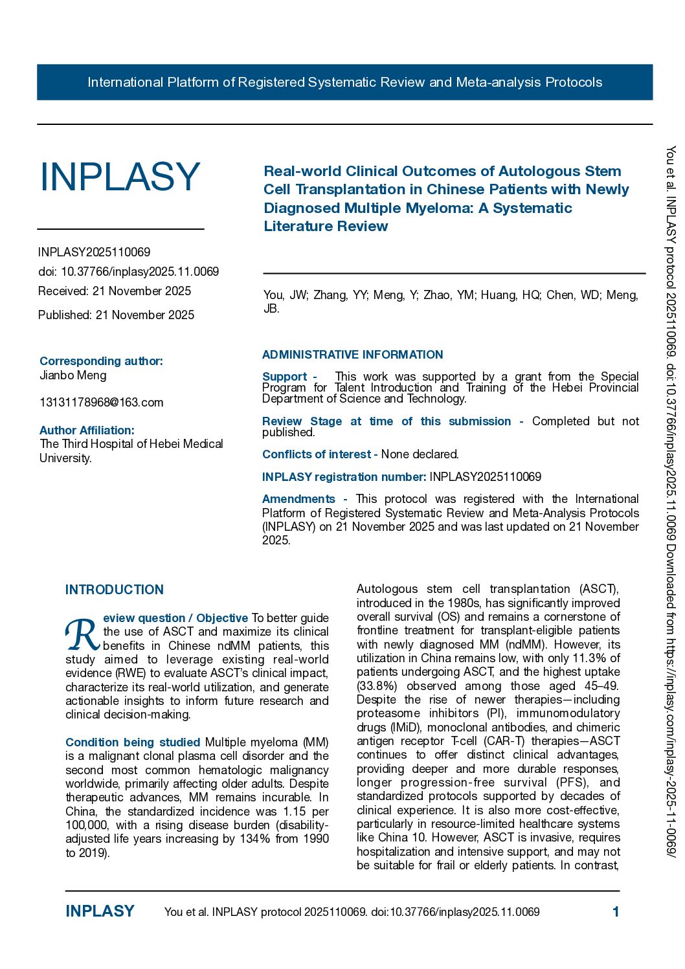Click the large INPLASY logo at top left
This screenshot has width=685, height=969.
click(120, 177)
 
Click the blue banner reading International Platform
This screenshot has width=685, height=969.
click(344, 82)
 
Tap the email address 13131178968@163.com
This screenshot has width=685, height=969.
click(102, 403)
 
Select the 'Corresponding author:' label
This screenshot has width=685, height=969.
click(101, 361)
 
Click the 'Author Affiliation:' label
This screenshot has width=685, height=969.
click(87, 430)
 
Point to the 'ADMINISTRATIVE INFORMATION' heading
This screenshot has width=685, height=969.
click(352, 355)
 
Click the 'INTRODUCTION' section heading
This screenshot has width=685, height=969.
click(115, 590)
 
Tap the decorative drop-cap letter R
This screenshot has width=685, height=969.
click(82, 635)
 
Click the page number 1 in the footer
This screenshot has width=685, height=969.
click(616, 912)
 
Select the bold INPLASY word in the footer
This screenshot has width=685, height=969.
click(100, 911)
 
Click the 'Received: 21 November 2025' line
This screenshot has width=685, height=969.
click(115, 291)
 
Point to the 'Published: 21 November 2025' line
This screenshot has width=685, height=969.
click(116, 315)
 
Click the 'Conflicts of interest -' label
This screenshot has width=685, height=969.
click(320, 454)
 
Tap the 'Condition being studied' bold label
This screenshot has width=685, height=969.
click(133, 742)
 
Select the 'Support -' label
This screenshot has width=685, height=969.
click(289, 377)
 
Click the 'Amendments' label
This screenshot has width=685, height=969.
click(298, 499)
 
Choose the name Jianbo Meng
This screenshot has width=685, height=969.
click(73, 375)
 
